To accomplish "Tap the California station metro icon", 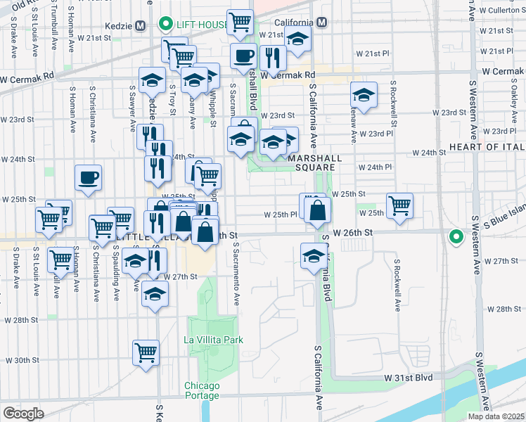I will (321, 23).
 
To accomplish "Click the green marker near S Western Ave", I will (456, 237).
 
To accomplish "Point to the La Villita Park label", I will (213, 340).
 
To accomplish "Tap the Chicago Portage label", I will (203, 390).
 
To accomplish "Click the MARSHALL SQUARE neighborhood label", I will (315, 159).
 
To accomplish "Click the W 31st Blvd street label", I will (408, 378).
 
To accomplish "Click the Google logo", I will (24, 413).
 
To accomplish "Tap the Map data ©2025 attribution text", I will (496, 416).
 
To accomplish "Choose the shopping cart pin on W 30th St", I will (146, 353).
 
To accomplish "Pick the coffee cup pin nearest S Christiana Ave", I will (88, 178).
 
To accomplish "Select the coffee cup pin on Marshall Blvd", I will (244, 56).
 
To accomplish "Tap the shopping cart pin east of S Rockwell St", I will (399, 205).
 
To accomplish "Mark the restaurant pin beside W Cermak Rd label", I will (271, 58).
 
